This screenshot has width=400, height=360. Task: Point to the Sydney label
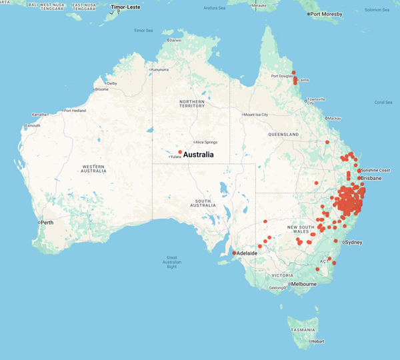(353, 242)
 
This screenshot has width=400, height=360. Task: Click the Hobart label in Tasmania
(318, 341)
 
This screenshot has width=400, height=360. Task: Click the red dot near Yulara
(180, 153)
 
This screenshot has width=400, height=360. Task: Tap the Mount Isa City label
(256, 115)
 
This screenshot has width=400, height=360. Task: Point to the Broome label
(102, 89)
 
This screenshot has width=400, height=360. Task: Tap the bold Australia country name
(199, 155)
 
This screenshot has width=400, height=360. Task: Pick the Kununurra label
(161, 69)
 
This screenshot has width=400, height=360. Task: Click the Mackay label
(334, 118)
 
